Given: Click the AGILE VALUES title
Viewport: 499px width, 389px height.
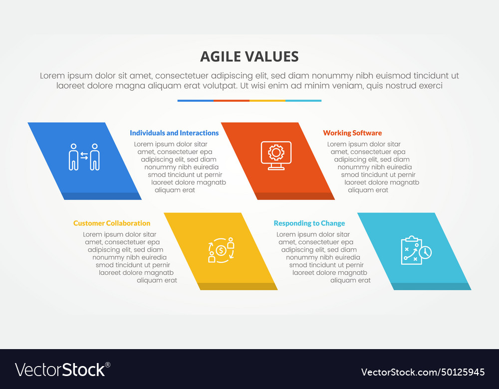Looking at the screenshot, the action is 249,57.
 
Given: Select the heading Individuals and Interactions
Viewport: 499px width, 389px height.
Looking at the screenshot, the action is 174,133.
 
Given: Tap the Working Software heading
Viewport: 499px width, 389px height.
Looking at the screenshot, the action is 352,133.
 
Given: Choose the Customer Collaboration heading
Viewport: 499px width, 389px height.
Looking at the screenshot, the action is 112,223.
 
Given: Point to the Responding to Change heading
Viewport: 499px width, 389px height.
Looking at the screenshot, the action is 309,223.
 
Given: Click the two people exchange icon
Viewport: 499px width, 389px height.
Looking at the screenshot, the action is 84,157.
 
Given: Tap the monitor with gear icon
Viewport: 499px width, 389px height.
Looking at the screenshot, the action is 276,156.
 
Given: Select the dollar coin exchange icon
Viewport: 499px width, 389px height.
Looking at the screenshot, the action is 221,250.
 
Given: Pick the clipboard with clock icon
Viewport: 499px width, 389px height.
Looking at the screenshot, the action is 416,250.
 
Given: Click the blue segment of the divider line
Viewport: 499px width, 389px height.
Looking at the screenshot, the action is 196,101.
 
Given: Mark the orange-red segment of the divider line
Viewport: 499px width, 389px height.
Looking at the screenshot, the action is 232,101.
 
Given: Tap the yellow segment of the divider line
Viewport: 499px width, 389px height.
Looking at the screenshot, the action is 267,101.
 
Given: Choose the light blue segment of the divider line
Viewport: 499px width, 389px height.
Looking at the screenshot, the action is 303,101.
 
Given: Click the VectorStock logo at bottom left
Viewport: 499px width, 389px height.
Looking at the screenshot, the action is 62,370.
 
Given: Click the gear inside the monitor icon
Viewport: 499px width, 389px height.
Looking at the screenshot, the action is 276,153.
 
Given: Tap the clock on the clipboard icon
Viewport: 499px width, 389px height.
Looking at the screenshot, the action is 425,252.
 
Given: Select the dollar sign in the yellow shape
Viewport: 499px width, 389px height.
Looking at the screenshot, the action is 221,251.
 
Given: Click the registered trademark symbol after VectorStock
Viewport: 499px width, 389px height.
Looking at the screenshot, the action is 108,365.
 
